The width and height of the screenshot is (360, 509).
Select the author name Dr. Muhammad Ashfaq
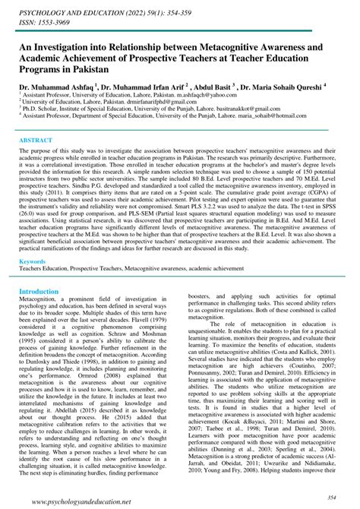55,87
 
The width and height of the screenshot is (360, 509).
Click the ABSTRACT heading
36,141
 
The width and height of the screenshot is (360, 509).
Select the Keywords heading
33,261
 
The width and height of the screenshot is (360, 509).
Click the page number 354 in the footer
332,495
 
